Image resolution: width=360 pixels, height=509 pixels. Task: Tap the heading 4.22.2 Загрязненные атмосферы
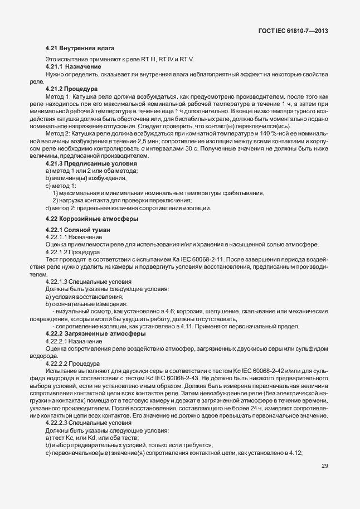87,333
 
